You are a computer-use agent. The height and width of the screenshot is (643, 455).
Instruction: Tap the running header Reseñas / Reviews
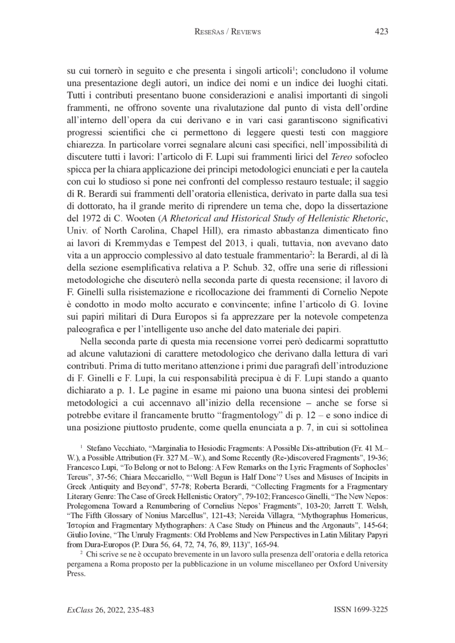tap(227, 32)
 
